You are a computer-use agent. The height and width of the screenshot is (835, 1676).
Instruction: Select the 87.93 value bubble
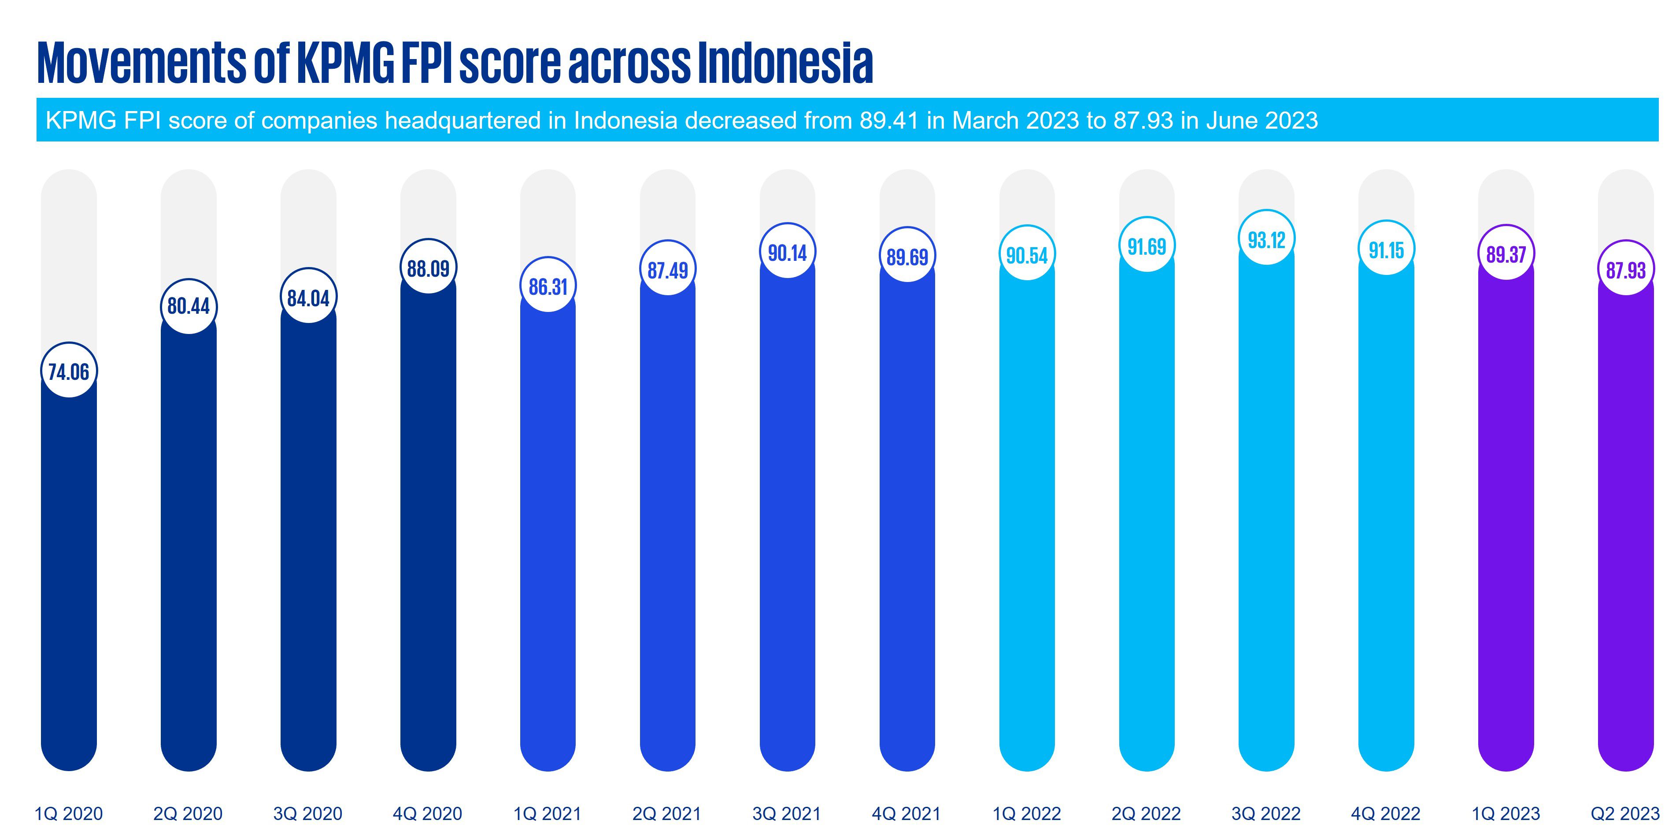1625,269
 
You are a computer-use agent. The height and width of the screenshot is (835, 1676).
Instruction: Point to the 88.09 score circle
428,267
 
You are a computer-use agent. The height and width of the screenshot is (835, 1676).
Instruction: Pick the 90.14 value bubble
787,252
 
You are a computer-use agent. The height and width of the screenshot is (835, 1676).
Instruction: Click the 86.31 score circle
548,286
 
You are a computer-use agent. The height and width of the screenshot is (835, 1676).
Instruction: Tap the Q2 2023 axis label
1625,813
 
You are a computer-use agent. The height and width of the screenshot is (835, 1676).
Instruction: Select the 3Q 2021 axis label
787,813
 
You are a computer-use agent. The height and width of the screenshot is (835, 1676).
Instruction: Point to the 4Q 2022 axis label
1386,813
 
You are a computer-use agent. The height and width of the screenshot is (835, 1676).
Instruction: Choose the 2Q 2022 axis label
1147,813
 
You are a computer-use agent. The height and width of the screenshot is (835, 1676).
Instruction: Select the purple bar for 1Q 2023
1506,521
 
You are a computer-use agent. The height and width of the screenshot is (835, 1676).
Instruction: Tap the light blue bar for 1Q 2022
1027,521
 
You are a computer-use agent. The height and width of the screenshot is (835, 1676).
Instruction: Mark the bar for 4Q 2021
907,521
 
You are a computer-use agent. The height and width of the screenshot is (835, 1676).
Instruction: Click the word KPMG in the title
345,63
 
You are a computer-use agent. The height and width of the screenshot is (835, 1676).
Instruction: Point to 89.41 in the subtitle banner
889,120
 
